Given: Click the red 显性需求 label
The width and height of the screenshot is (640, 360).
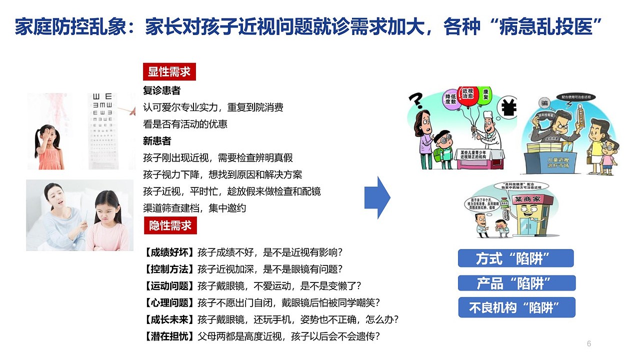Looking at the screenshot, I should point(169,72).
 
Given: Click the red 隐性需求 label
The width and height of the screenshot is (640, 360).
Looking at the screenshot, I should point(170,225).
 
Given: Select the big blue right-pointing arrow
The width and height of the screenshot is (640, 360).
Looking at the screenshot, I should point(377,197).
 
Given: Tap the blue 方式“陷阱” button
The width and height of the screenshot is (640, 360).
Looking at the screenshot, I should point(515,258).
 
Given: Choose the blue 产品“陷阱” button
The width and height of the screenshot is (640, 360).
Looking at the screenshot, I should point(516,283).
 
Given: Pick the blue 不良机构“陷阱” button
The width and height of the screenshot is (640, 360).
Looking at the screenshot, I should point(516,307).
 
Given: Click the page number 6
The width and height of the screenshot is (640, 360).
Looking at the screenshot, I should point(588,343).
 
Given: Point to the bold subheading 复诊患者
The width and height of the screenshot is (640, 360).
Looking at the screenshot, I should point(161,91).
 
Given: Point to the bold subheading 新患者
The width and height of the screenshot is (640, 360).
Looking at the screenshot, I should point(157,141).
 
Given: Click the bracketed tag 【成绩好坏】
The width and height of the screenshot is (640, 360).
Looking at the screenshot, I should point(169,252).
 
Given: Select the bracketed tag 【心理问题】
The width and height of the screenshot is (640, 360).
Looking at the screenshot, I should point(169,302).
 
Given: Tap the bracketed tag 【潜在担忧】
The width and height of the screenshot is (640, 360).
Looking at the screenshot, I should point(169,336).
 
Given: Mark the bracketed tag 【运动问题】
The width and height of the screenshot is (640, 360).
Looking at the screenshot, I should point(169,285).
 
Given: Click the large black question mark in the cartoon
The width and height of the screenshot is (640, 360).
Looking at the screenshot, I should point(416,101).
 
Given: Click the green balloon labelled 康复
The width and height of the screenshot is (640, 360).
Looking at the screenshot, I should point(484,94).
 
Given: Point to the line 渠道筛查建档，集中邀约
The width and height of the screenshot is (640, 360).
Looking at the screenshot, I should point(194,208).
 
